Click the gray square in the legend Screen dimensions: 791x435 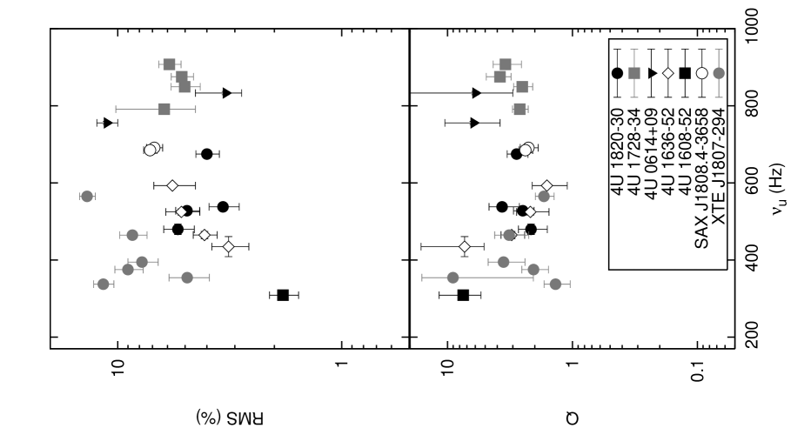click(633, 73)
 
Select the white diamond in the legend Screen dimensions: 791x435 click(668, 73)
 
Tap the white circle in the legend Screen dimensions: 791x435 click(702, 73)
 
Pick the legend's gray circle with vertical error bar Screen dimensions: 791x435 click(719, 73)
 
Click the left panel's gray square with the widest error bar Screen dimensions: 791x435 click(164, 109)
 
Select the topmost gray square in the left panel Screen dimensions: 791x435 click(170, 64)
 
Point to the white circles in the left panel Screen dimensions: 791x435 click(151, 149)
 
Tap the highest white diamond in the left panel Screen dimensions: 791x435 click(172, 185)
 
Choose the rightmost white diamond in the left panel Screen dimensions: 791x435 click(229, 246)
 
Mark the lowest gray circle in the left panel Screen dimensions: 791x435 click(104, 284)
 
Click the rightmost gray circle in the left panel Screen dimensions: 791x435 click(187, 278)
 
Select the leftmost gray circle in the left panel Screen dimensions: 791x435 click(87, 197)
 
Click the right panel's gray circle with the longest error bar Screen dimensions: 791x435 click(452, 278)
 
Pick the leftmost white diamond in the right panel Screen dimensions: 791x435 click(465, 246)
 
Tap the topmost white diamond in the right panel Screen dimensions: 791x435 click(546, 185)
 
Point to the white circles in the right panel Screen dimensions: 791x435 click(526, 149)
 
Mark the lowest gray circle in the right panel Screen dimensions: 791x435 click(555, 284)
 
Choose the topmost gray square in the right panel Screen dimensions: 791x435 click(505, 64)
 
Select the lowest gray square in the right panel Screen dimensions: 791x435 click(520, 109)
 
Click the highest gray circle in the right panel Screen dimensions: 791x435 click(544, 197)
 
